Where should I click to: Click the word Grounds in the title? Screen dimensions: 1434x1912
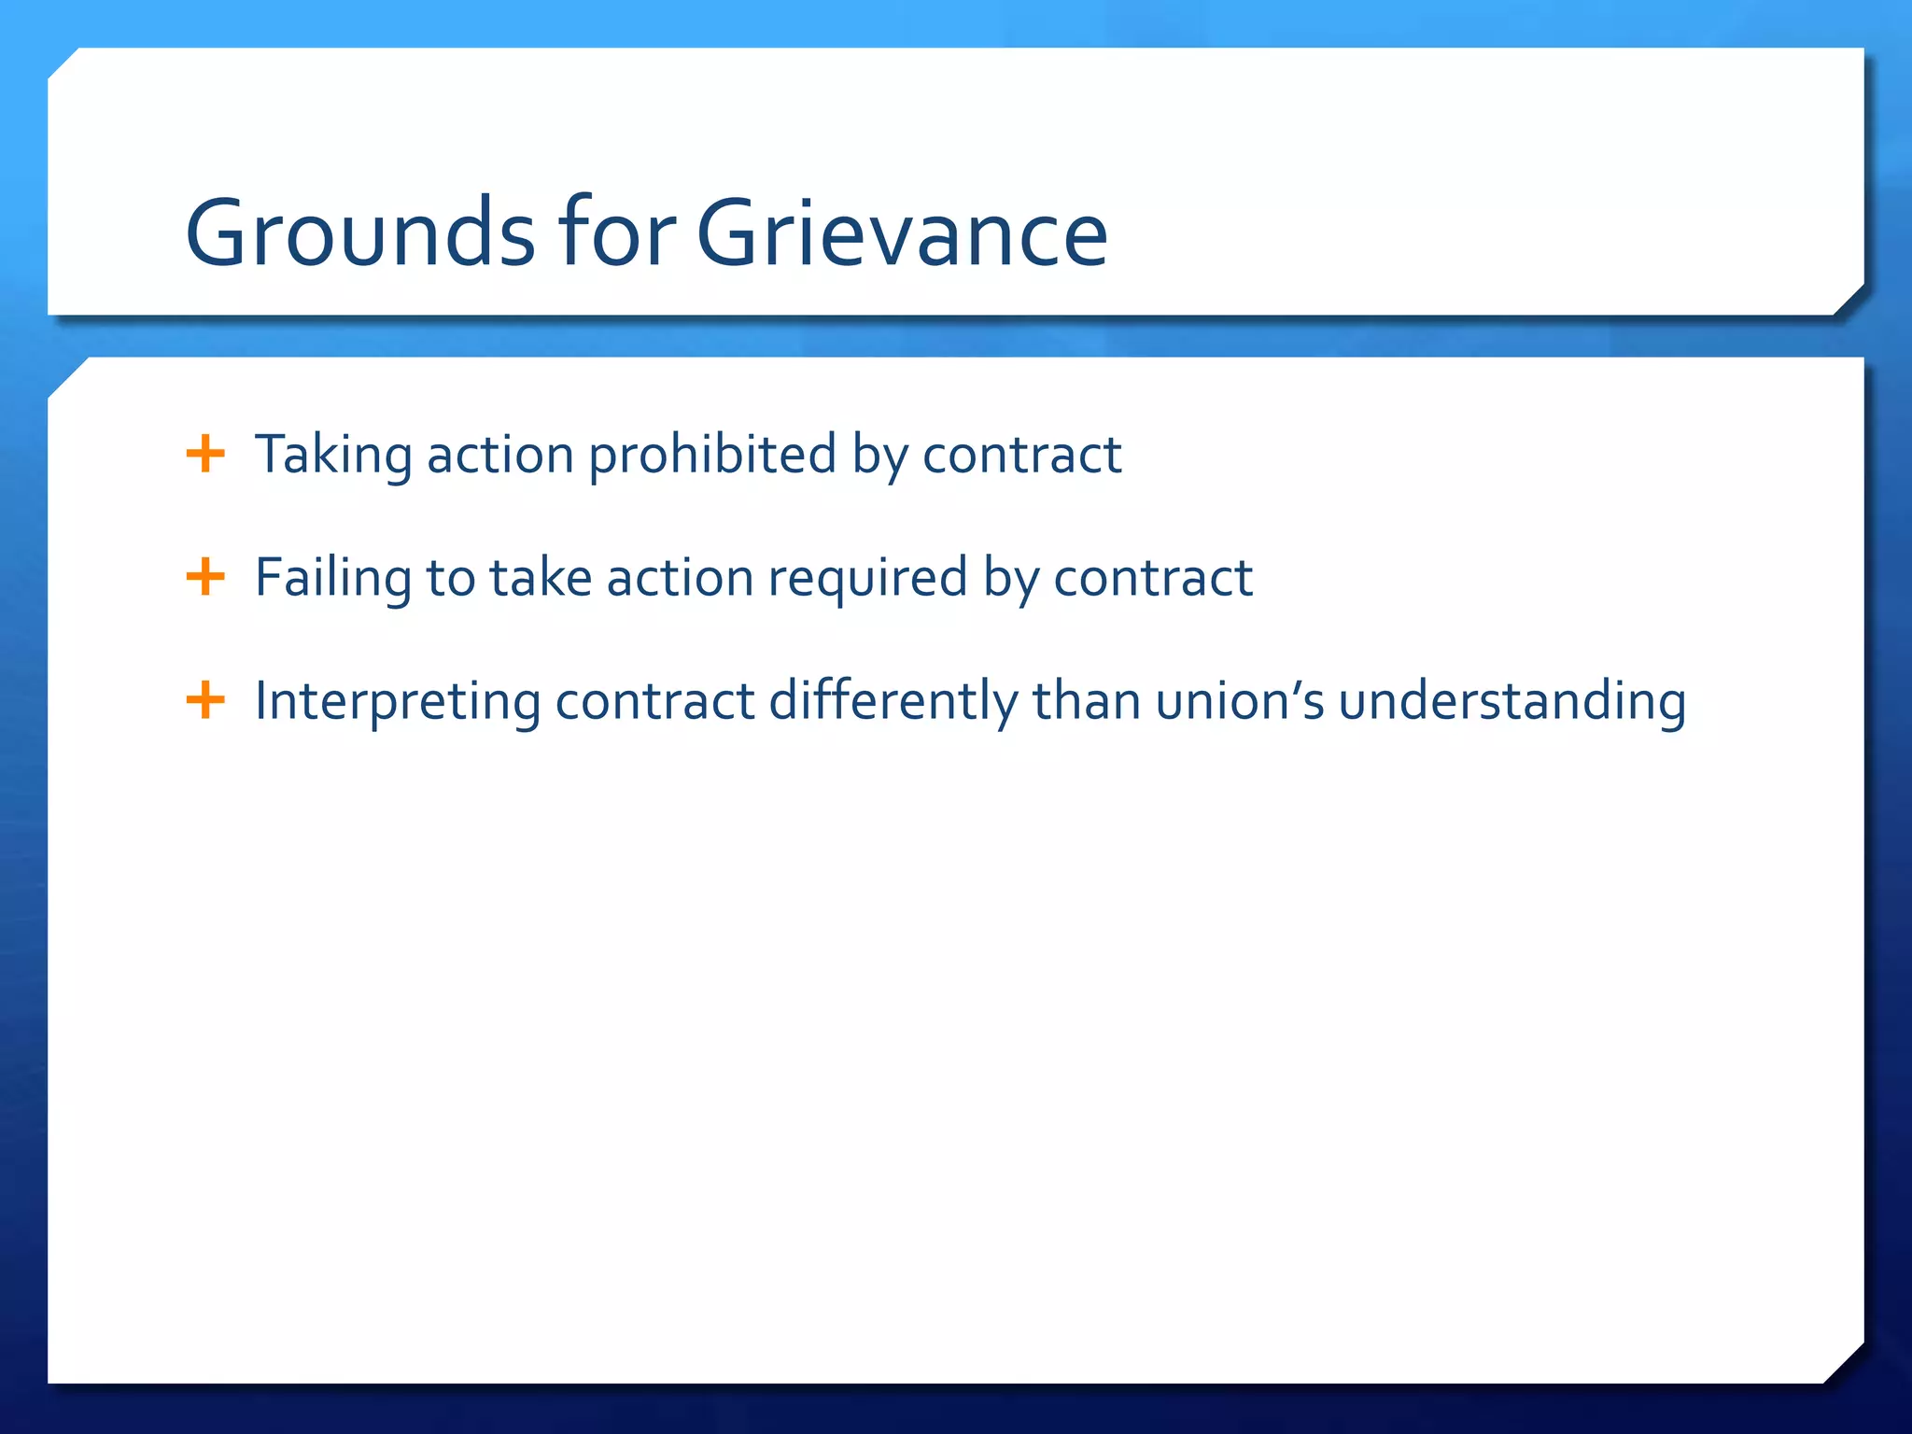(360, 233)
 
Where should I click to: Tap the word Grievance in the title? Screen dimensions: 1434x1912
(902, 233)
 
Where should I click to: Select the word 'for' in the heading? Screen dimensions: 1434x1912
(617, 233)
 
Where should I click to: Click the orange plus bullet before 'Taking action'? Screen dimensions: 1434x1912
(205, 455)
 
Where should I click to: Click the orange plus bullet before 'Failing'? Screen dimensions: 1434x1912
(205, 577)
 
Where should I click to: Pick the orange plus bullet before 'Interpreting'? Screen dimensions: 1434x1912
(205, 700)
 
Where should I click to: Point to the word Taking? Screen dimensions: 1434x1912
(333, 456)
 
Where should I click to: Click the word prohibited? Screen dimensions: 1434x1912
(712, 456)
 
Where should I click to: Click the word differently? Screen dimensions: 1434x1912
(893, 701)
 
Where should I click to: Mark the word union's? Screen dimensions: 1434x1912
(1239, 701)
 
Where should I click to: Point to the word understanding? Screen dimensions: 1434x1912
(1512, 701)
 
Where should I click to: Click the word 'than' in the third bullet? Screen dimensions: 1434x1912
(1086, 701)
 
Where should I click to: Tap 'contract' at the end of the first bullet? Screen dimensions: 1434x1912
(1022, 456)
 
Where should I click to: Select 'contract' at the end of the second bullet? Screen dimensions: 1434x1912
(1153, 578)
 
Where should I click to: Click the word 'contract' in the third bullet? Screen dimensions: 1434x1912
(654, 701)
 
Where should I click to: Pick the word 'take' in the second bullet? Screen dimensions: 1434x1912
(541, 578)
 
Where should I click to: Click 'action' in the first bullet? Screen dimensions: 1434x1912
(500, 456)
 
